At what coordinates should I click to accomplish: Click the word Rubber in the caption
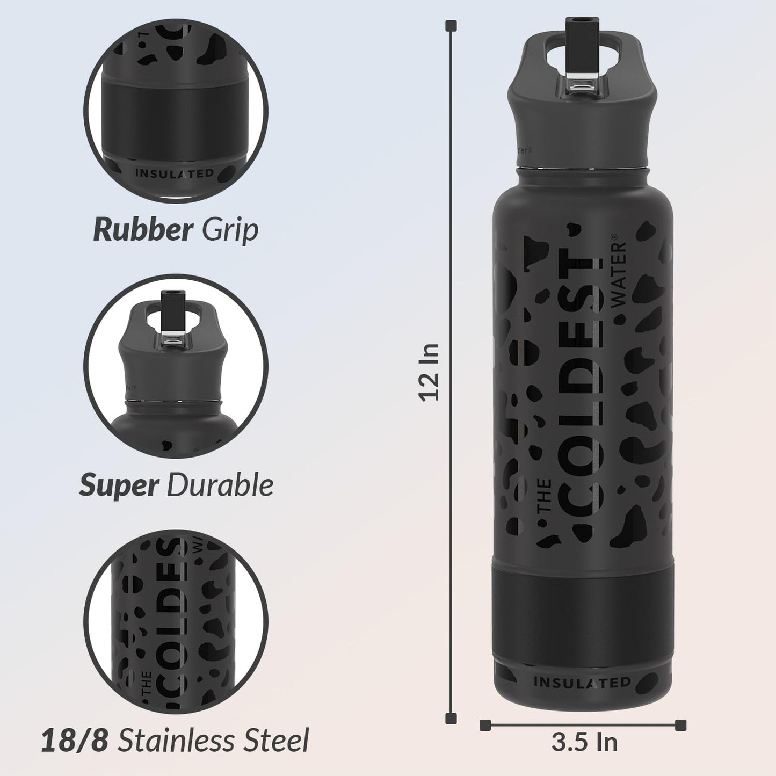point(142,230)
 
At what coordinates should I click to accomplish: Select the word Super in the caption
point(119,485)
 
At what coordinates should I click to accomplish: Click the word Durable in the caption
point(220,485)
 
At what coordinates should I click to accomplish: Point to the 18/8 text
point(75,741)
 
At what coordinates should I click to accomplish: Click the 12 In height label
point(430,372)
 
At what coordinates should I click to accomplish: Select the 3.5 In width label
point(584,743)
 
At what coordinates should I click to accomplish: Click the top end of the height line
point(452,25)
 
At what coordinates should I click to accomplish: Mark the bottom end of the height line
point(452,718)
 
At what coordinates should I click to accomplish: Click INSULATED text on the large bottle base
point(582,683)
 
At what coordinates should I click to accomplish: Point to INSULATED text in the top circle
point(175,173)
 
